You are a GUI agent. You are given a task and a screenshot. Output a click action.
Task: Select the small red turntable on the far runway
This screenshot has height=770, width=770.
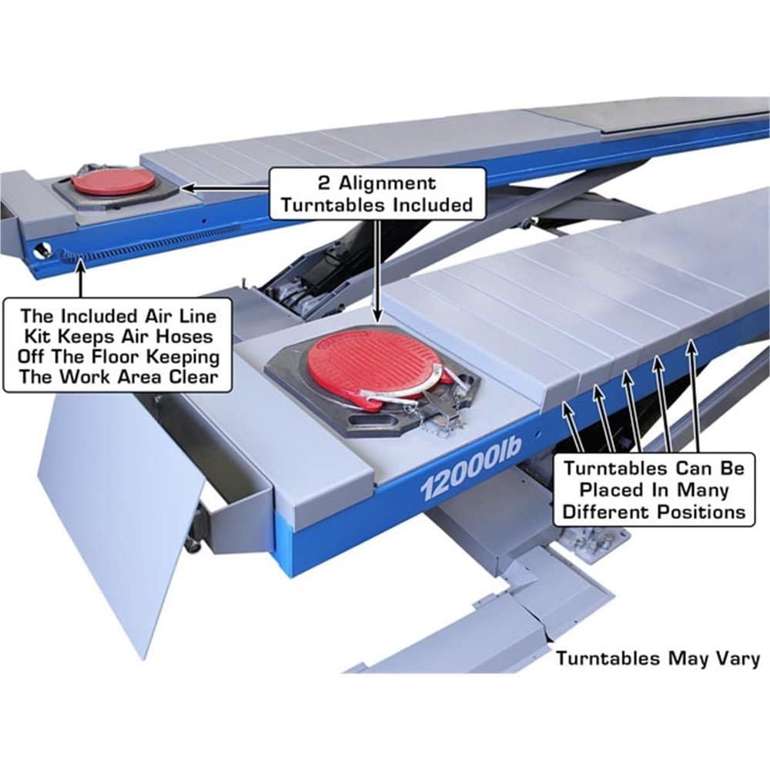(x=112, y=182)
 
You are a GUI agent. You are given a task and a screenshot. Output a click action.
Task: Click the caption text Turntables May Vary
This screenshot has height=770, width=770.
(x=658, y=658)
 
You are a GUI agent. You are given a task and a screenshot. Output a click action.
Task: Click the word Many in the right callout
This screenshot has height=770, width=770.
(x=706, y=489)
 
